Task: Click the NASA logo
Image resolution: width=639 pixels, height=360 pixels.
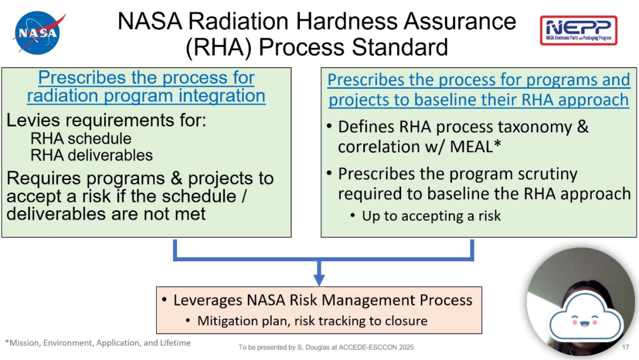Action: click(x=38, y=33)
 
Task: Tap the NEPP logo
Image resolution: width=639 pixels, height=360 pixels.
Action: click(x=579, y=30)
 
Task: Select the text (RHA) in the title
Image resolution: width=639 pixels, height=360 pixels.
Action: click(x=218, y=47)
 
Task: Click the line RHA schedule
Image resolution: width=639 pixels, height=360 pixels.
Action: click(x=80, y=139)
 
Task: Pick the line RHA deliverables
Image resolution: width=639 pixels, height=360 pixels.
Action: click(x=91, y=155)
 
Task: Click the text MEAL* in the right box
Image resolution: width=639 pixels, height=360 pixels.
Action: click(x=475, y=146)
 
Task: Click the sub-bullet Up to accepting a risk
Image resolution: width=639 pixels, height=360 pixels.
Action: click(x=431, y=216)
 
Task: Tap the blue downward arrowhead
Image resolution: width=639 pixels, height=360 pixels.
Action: click(x=319, y=279)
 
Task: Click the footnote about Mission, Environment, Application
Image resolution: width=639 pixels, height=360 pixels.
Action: click(x=98, y=343)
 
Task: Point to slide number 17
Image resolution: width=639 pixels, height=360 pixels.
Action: click(x=625, y=348)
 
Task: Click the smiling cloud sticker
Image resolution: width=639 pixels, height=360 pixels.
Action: click(x=585, y=317)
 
